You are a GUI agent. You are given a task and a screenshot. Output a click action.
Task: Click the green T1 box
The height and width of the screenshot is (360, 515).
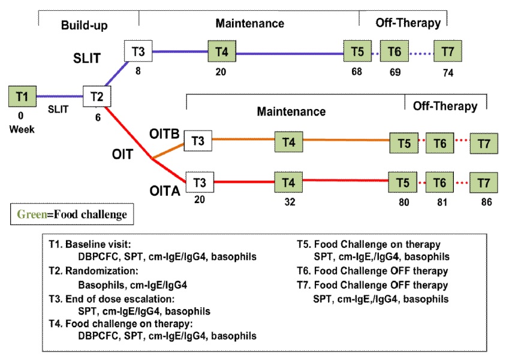point(22,96)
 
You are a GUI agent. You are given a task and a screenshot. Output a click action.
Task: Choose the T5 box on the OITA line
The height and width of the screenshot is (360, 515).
point(403,180)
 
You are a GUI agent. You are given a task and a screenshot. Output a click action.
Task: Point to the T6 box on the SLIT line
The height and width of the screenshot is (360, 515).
point(394,52)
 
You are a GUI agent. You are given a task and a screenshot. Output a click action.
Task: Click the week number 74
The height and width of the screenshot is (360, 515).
point(448,71)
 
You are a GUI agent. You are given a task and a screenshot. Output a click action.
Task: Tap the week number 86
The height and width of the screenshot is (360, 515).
point(486,202)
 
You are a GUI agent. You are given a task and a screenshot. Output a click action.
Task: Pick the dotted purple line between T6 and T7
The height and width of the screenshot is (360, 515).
point(421,53)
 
